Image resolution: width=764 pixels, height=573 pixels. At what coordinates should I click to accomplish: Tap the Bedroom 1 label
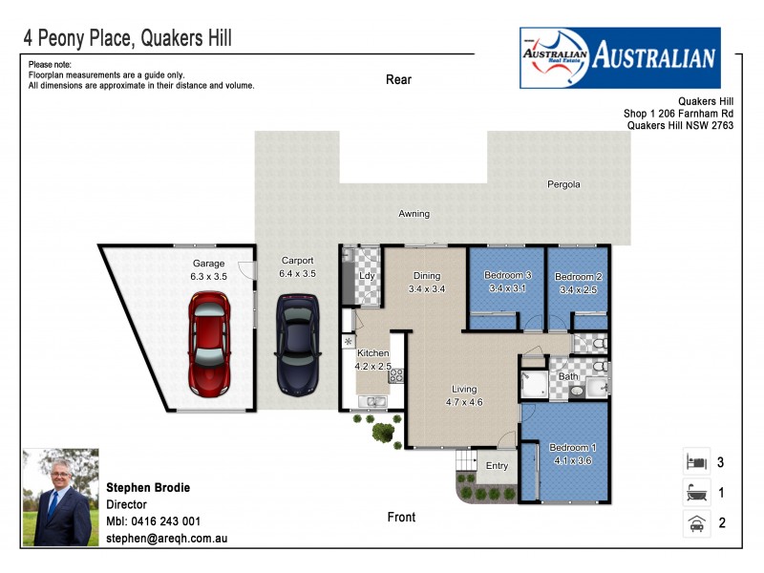click(x=573, y=448)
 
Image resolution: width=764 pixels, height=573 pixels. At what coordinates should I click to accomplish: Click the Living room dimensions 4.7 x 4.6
click(x=465, y=402)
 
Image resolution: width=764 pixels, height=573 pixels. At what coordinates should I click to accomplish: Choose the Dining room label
click(x=427, y=276)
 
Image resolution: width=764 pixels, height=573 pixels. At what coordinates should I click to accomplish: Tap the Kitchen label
click(x=372, y=352)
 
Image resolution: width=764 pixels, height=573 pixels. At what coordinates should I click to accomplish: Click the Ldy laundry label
click(x=365, y=277)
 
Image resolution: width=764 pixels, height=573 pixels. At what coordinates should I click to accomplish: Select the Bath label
click(x=568, y=377)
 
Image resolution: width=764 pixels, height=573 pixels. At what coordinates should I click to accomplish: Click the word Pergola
click(x=563, y=184)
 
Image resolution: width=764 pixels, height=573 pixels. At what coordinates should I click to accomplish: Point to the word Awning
click(x=414, y=214)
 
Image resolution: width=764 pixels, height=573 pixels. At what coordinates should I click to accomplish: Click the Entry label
click(x=497, y=466)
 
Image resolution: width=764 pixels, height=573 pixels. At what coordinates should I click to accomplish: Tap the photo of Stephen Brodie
click(x=56, y=497)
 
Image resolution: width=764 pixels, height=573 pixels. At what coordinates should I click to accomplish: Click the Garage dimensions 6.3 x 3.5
click(x=209, y=276)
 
